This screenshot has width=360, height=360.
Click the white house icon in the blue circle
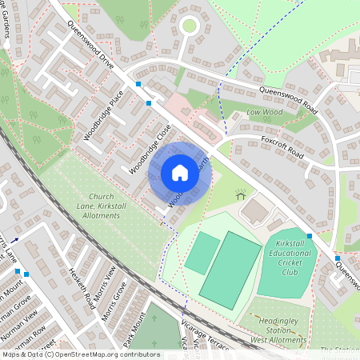pos(180,173)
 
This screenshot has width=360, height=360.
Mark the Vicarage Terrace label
pos(206,339)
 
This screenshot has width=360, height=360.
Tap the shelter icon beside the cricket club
pos(239,194)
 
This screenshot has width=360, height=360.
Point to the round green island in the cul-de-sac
pos(189,26)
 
